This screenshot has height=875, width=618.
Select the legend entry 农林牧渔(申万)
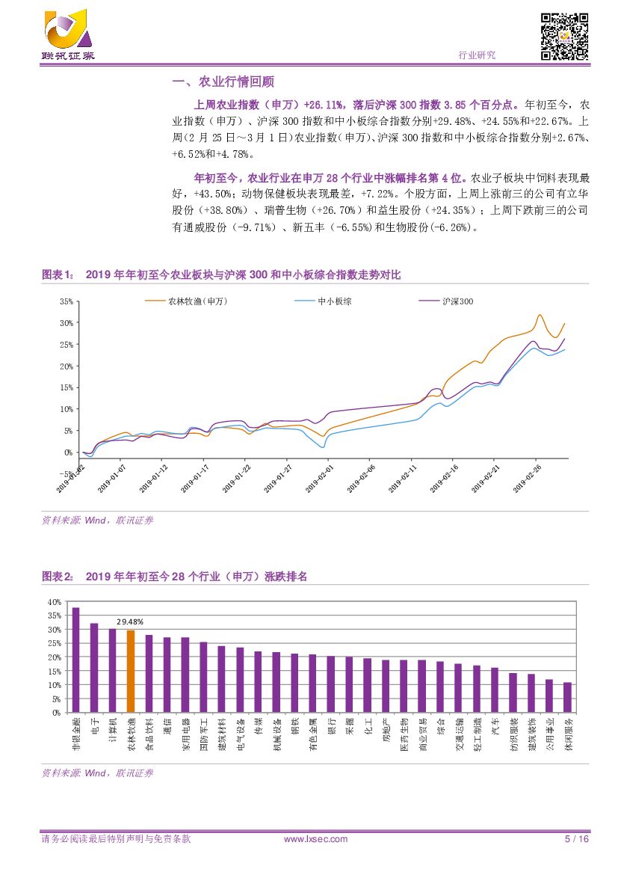(197, 301)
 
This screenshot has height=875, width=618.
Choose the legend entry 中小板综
(335, 301)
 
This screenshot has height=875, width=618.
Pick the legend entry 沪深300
(458, 301)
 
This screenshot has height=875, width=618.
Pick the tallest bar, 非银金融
(75, 660)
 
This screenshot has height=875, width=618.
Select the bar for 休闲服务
(567, 697)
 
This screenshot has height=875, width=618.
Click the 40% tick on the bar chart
(53, 602)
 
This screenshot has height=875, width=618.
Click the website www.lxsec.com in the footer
(316, 839)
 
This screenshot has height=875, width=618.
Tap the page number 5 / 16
(577, 839)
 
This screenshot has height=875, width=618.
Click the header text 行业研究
(476, 55)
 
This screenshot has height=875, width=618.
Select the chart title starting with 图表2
(175, 577)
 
